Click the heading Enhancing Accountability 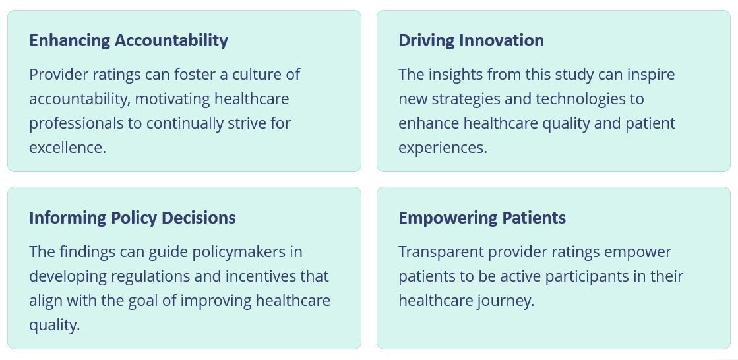click(x=129, y=41)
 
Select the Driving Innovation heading click(x=471, y=40)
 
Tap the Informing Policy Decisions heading click(x=133, y=218)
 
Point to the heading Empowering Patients click(x=482, y=218)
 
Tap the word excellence click(x=67, y=148)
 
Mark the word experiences click(x=443, y=148)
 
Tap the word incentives click(x=261, y=276)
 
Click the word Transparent click(x=441, y=253)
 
